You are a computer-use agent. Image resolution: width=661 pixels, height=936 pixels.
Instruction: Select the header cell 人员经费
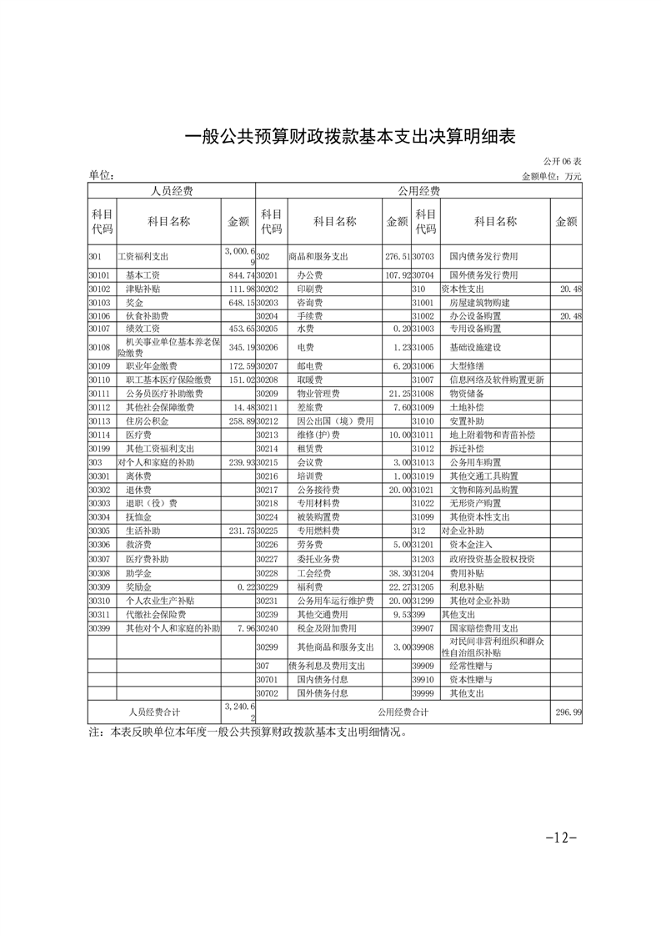click(171, 191)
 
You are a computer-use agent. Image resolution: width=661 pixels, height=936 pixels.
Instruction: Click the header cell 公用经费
click(418, 191)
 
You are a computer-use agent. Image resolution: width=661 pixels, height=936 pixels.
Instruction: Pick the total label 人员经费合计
click(154, 712)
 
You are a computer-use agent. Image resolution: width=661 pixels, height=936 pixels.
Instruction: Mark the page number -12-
click(560, 837)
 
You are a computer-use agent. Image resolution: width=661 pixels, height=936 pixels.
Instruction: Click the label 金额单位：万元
click(551, 176)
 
